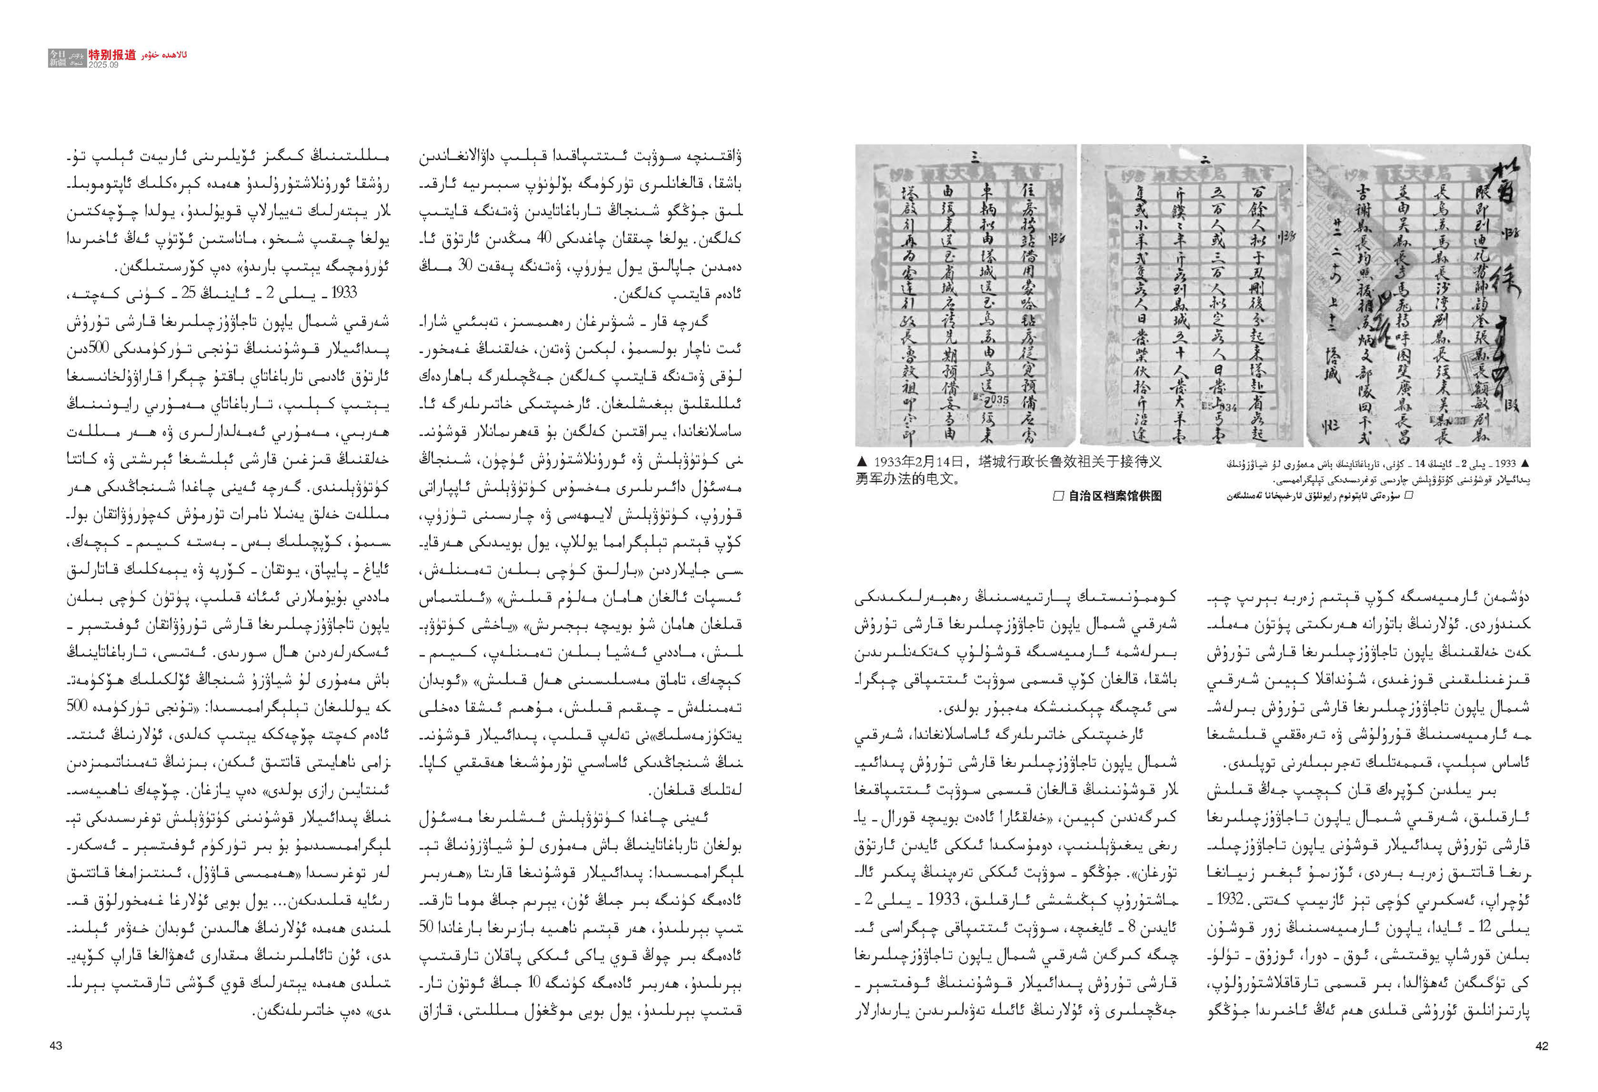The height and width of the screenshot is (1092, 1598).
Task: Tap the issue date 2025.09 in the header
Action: [x=103, y=65]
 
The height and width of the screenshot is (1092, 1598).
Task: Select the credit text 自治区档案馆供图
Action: [x=1115, y=496]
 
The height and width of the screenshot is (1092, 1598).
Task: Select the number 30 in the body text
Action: [x=466, y=265]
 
